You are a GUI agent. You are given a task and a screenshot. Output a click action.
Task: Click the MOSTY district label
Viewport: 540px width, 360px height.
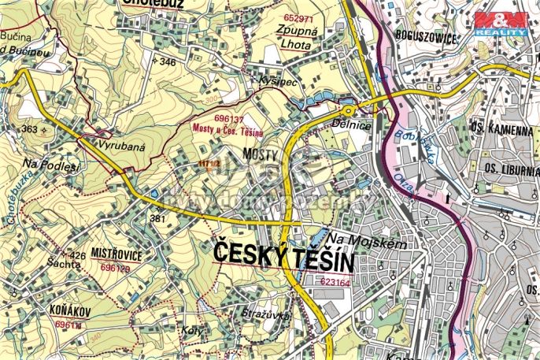(x=261, y=154)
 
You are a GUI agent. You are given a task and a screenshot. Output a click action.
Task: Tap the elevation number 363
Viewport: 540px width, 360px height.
(x=30, y=128)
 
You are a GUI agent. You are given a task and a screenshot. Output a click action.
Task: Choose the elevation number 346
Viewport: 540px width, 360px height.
(x=167, y=61)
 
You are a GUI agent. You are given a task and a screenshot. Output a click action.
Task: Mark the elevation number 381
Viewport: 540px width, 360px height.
(x=158, y=219)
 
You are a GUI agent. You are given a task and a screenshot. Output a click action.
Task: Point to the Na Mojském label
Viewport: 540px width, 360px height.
(x=368, y=243)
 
